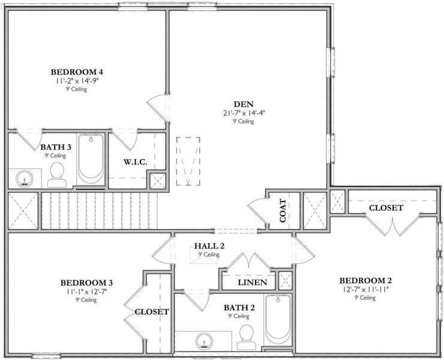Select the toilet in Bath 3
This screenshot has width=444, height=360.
pyautogui.click(x=57, y=175)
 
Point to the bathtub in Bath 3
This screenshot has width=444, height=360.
pyautogui.click(x=91, y=160)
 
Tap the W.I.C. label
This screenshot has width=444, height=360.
pyautogui.click(x=136, y=162)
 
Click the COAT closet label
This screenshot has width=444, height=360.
pyautogui.click(x=283, y=211)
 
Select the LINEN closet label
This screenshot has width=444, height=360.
pyautogui.click(x=252, y=283)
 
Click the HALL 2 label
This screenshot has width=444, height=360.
pyautogui.click(x=209, y=246)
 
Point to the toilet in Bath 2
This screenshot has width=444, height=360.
pyautogui.click(x=247, y=337)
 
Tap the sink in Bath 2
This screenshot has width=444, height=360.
pyautogui.click(x=204, y=341)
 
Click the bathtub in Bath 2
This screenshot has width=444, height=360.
pyautogui.click(x=278, y=319)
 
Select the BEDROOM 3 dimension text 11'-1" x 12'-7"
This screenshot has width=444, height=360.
pyautogui.click(x=86, y=292)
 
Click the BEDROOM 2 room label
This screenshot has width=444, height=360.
pyautogui.click(x=365, y=281)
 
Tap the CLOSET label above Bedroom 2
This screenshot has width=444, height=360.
pyautogui.click(x=386, y=208)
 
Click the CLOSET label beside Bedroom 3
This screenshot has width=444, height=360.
pyautogui.click(x=152, y=312)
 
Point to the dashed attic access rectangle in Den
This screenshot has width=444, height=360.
pyautogui.click(x=188, y=161)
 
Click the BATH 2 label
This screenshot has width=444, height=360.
pyautogui.click(x=239, y=308)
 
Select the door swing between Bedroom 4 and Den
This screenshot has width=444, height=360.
pyautogui.click(x=157, y=107)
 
